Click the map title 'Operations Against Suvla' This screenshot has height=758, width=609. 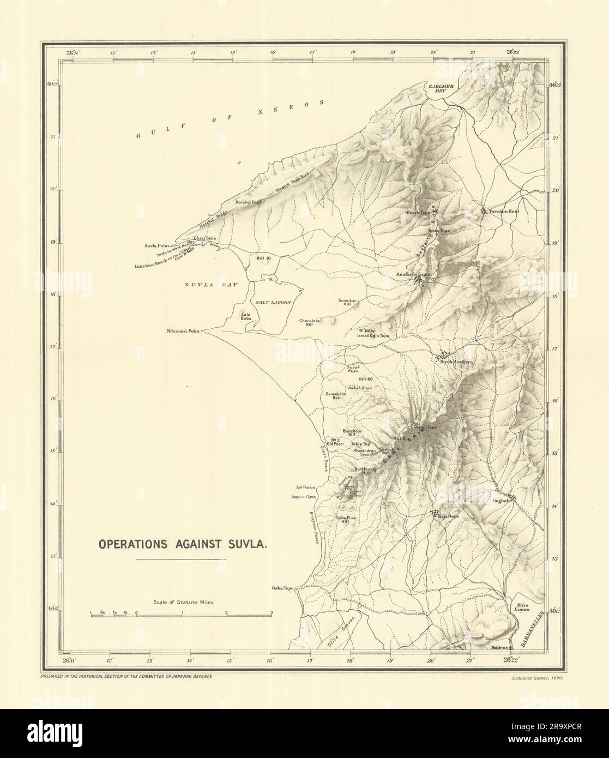pyautogui.click(x=182, y=544)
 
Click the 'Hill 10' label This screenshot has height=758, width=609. pyautogui.click(x=264, y=257)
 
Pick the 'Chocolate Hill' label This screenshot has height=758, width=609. pyautogui.click(x=309, y=324)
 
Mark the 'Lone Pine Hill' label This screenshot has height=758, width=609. pyautogui.click(x=342, y=519)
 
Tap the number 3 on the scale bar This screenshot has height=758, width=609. pyautogui.click(x=271, y=613)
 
